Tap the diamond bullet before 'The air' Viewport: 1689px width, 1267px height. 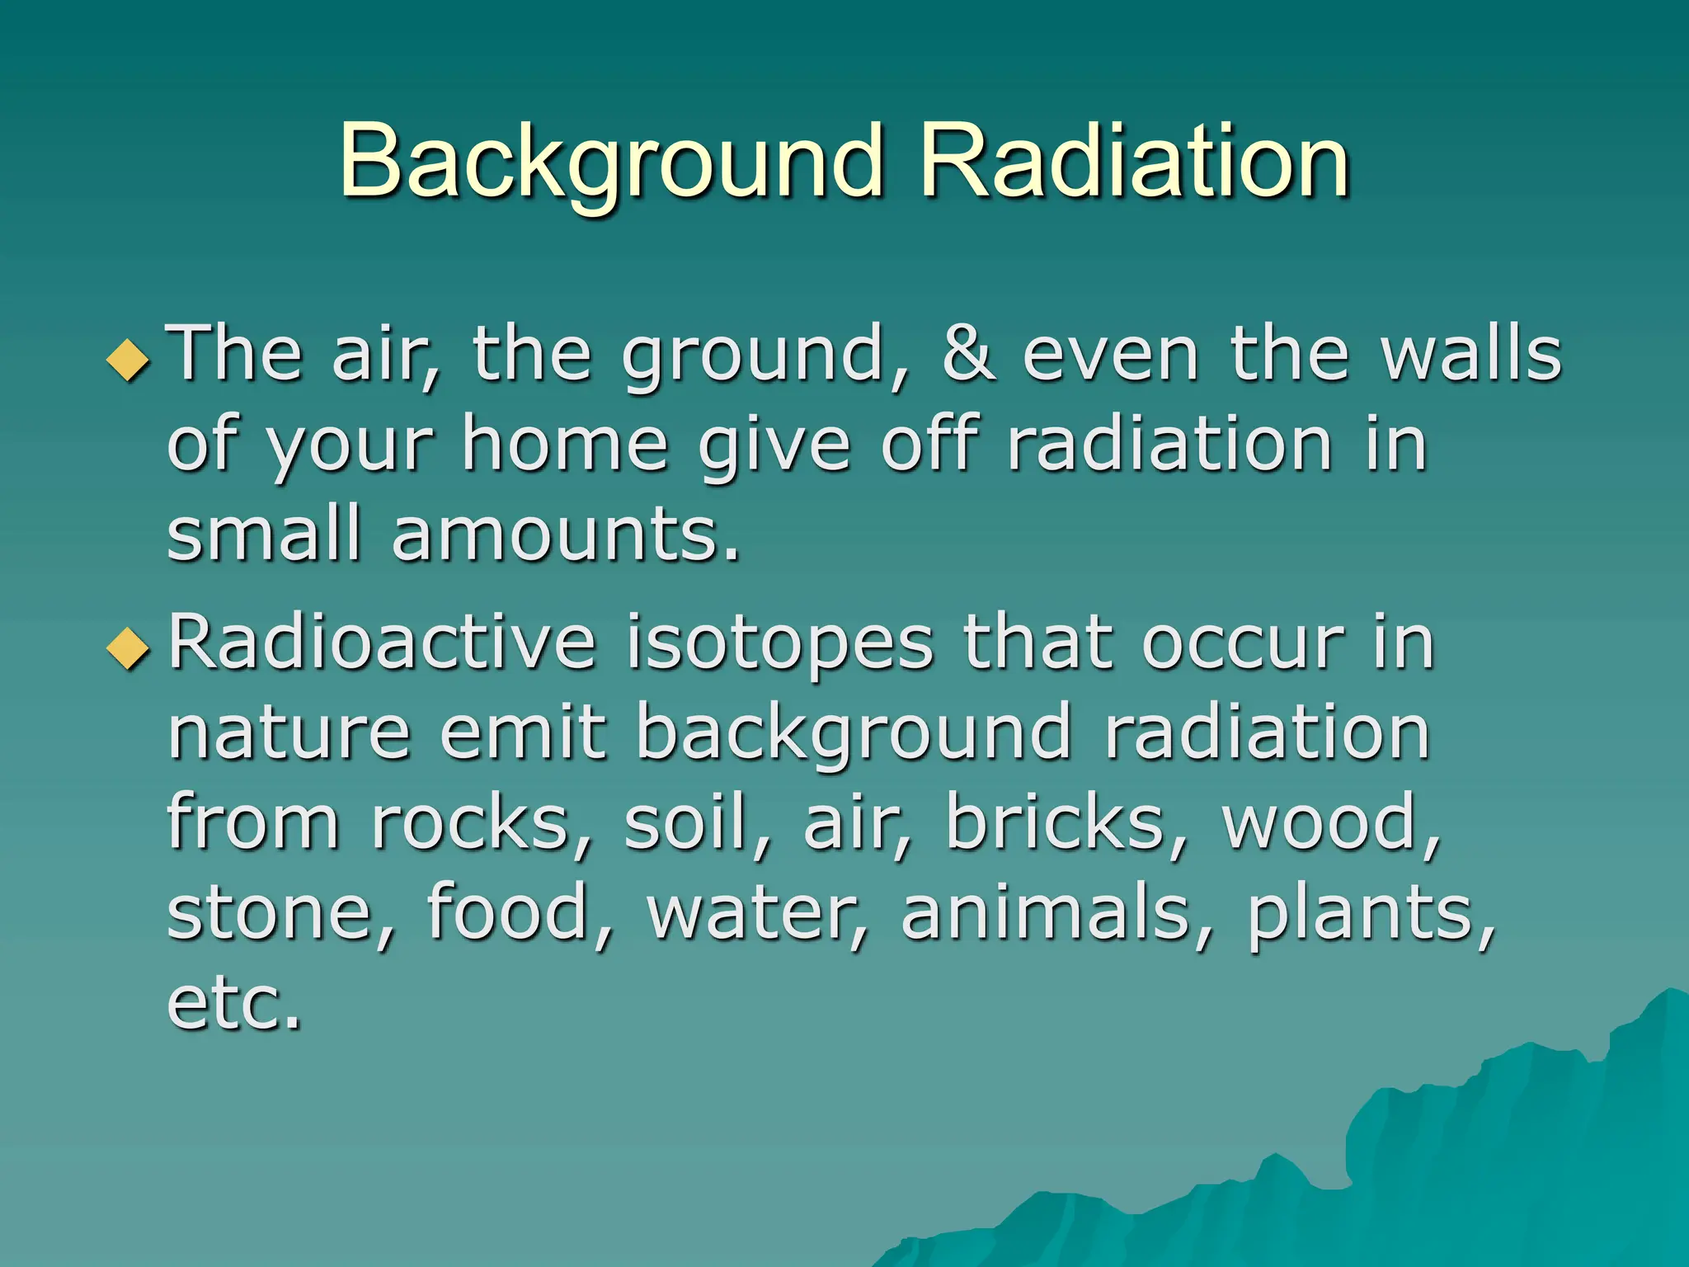coord(129,360)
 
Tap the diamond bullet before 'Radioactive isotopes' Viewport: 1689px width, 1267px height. coord(129,648)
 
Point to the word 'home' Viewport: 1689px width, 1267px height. coord(564,445)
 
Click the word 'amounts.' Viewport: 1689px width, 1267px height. coord(566,536)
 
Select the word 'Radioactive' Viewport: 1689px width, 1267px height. coord(381,643)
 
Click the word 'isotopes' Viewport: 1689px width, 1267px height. coord(779,643)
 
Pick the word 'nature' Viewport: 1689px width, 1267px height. coord(289,734)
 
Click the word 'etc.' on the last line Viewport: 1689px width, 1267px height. coord(234,1005)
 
